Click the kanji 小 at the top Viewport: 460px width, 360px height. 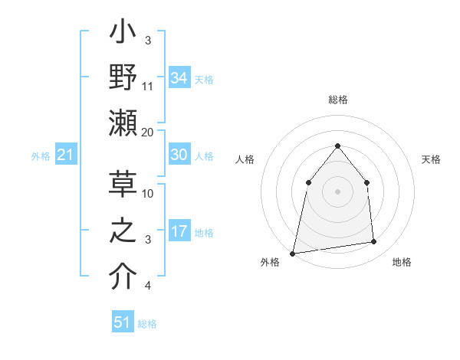pyautogui.click(x=123, y=36)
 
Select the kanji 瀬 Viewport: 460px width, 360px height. pyautogui.click(x=123, y=124)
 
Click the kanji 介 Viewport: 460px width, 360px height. pyautogui.click(x=123, y=277)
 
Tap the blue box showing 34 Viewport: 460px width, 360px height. pyautogui.click(x=179, y=78)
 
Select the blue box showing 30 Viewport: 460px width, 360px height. pyautogui.click(x=179, y=155)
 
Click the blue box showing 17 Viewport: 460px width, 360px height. pyautogui.click(x=179, y=231)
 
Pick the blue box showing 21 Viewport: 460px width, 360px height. pyautogui.click(x=65, y=155)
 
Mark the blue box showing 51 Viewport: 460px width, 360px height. pyautogui.click(x=123, y=322)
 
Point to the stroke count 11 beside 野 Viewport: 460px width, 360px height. pyautogui.click(x=148, y=87)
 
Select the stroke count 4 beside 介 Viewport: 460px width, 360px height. pyautogui.click(x=148, y=286)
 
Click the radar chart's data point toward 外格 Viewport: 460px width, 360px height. pyautogui.click(x=292, y=253)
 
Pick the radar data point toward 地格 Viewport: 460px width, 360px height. pyautogui.click(x=374, y=242)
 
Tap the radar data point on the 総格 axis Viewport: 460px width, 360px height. pyautogui.click(x=337, y=146)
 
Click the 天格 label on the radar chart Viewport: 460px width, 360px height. pyautogui.click(x=431, y=159)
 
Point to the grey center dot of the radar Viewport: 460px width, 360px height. pyautogui.click(x=337, y=191)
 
